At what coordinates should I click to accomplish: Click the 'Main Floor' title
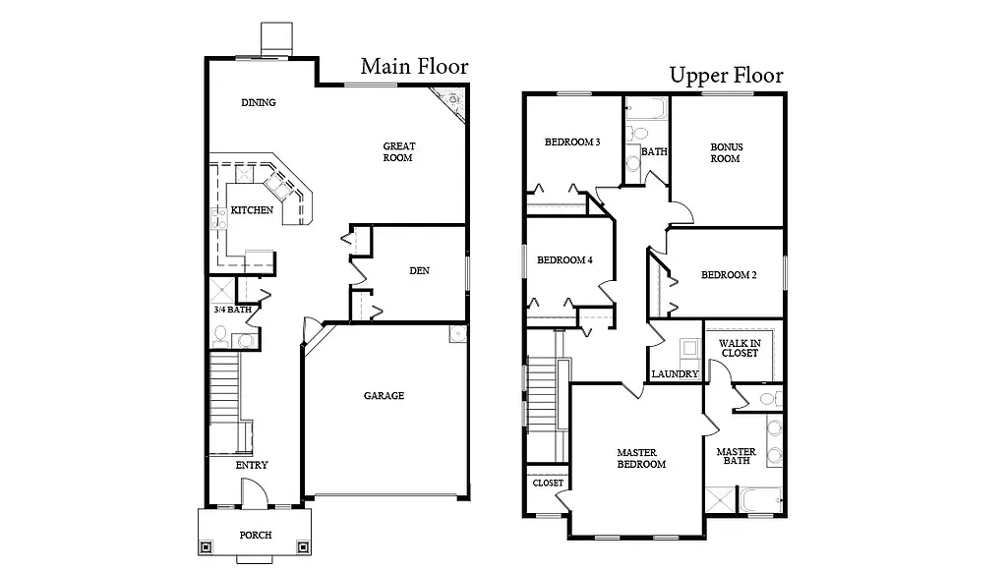(x=414, y=67)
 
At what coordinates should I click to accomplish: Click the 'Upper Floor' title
(x=726, y=76)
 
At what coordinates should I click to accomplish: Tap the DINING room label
(x=259, y=102)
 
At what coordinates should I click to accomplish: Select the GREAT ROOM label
(x=398, y=151)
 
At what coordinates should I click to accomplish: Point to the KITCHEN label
(x=252, y=210)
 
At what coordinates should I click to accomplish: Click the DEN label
(x=419, y=271)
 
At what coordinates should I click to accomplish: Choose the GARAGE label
(x=384, y=396)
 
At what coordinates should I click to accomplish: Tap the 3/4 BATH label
(x=233, y=310)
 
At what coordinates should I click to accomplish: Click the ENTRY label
(x=252, y=465)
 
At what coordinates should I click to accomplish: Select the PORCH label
(x=256, y=536)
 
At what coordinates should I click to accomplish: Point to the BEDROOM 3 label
(x=572, y=142)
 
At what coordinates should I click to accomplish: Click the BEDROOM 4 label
(x=564, y=260)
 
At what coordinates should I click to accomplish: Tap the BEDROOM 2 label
(x=729, y=275)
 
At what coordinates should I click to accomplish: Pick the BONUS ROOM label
(x=727, y=152)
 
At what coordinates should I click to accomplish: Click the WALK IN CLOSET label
(x=740, y=347)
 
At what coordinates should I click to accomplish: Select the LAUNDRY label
(x=676, y=374)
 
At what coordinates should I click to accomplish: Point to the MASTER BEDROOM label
(x=641, y=458)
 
